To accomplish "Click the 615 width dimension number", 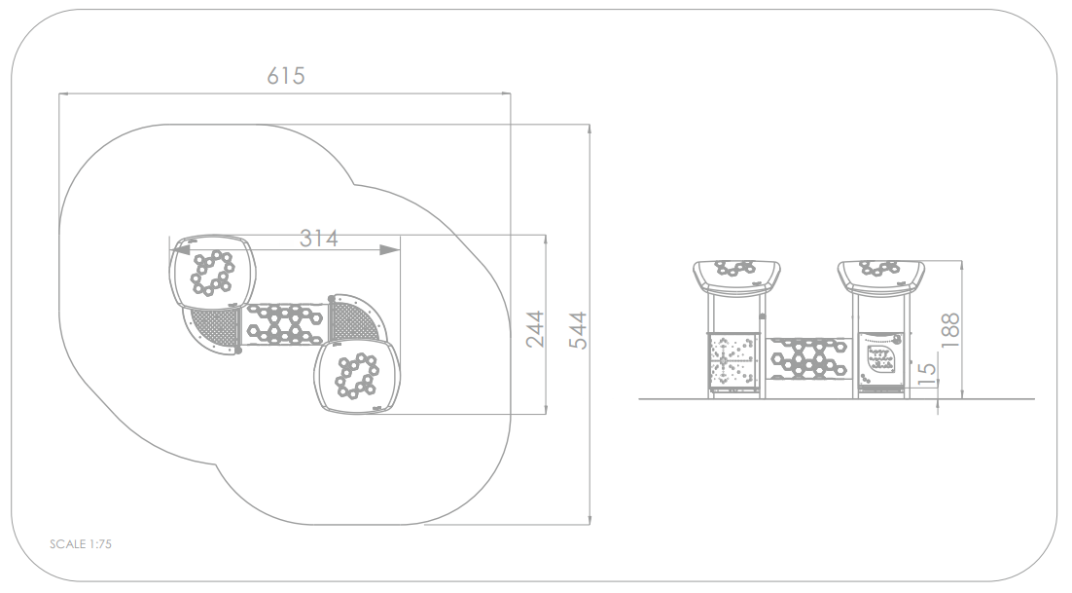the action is click(286, 75).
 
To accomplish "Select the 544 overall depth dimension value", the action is click(579, 330).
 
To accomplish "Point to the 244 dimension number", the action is click(535, 329).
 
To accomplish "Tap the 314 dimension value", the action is click(319, 238).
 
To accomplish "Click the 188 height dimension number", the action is click(949, 330).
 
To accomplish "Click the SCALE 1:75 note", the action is click(81, 544).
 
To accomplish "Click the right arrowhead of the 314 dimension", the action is click(390, 250).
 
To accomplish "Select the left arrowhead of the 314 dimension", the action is click(180, 250).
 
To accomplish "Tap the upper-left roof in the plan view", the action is click(213, 273).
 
